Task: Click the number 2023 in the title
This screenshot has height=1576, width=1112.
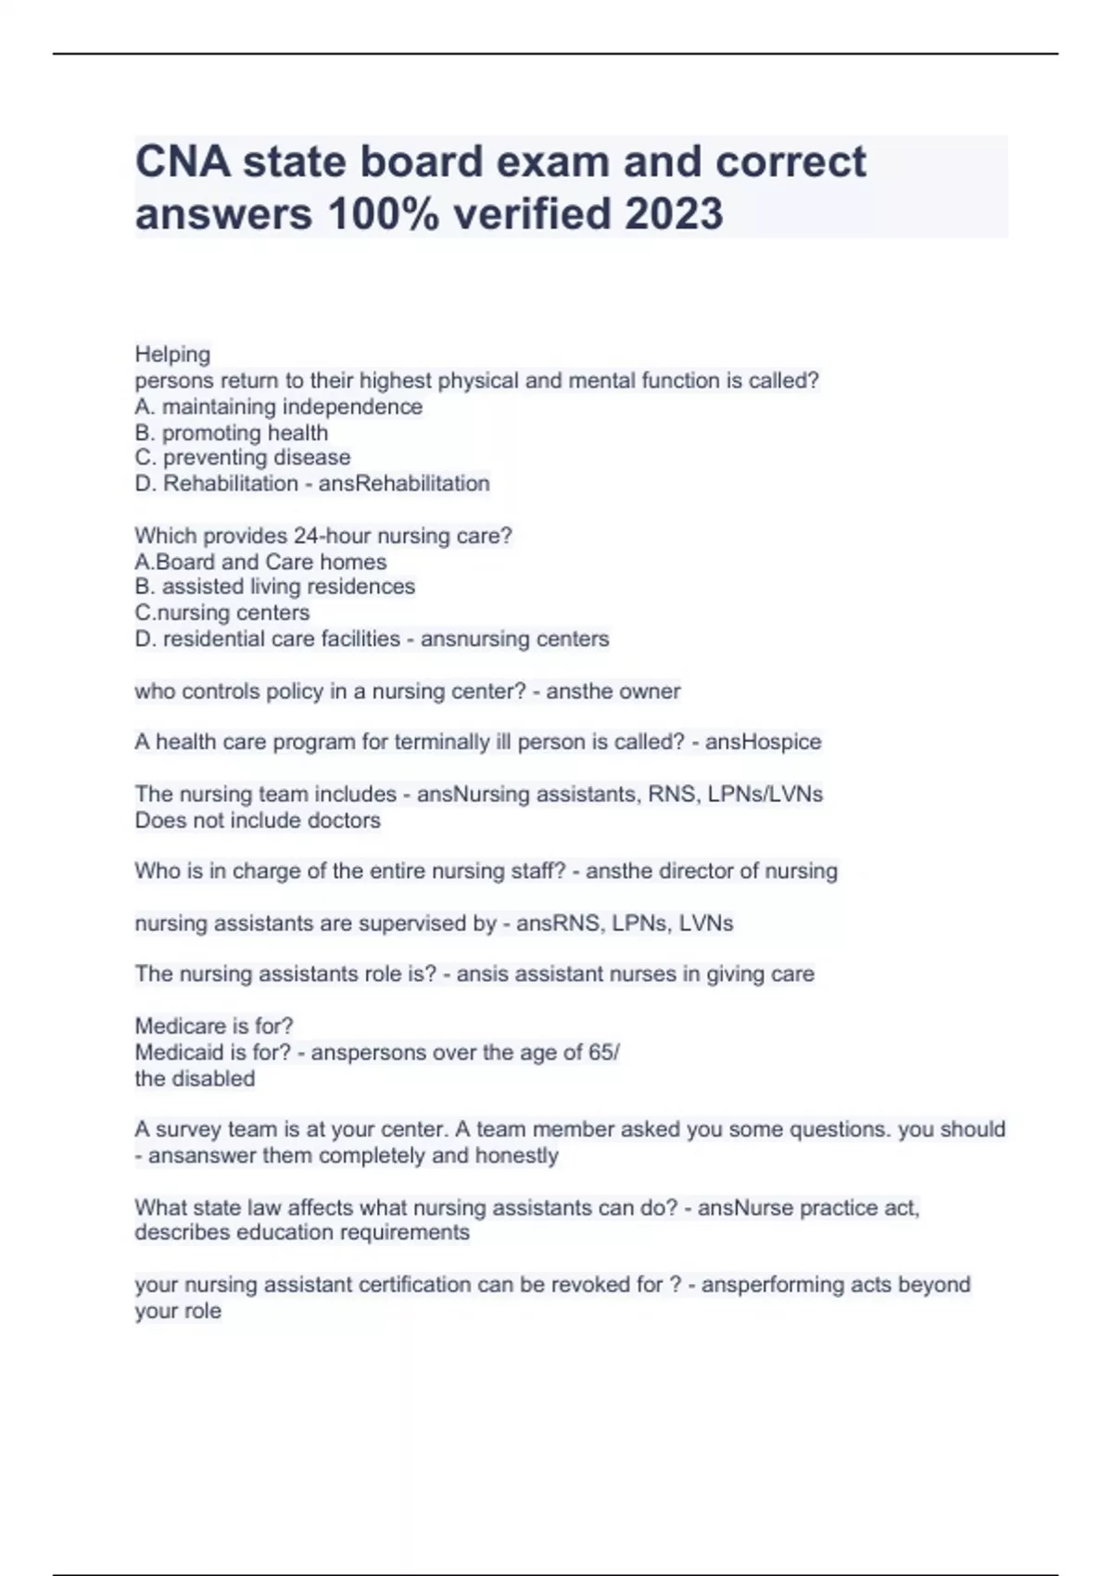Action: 674,214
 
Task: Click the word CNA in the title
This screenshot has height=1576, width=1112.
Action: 183,162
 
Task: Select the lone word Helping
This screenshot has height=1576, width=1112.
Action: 172,354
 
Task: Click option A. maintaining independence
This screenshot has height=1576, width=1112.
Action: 278,407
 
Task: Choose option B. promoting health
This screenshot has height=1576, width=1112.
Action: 231,433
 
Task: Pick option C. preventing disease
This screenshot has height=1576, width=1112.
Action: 242,458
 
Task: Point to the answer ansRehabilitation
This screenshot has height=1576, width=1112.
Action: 404,484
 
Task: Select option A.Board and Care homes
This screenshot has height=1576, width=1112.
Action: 260,562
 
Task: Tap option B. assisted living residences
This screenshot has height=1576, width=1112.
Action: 274,587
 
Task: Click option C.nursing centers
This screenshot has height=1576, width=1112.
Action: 221,613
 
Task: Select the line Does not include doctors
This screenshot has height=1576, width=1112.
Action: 258,820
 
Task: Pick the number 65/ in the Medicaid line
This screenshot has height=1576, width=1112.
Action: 603,1052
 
